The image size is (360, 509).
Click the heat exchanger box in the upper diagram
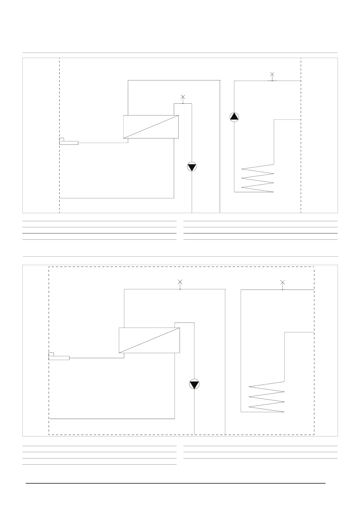(151, 127)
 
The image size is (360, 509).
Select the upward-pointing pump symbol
(234, 117)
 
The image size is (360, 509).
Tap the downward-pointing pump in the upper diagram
(192, 167)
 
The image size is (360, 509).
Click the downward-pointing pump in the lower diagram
(194, 384)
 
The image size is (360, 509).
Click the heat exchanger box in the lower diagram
(150, 340)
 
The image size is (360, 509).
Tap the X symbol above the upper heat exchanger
(183, 97)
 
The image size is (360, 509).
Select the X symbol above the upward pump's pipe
(272, 74)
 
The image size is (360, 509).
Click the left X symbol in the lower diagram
(180, 282)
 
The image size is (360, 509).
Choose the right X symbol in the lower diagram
(283, 282)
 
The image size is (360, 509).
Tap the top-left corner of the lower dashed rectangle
(49, 267)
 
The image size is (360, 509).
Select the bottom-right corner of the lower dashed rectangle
(314, 435)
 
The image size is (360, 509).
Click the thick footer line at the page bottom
(175, 483)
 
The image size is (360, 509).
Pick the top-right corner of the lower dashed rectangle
(314, 267)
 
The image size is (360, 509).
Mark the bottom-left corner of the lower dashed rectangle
(49, 435)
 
